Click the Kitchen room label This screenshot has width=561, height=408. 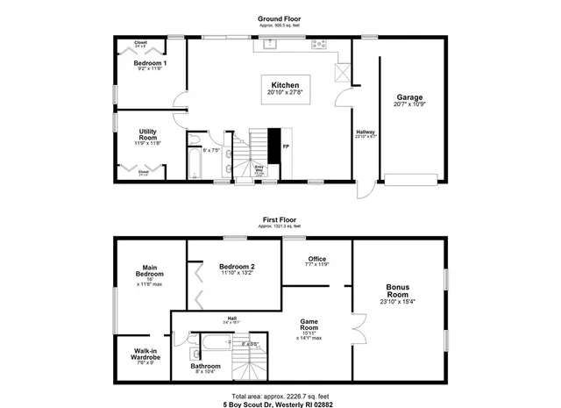click(x=285, y=85)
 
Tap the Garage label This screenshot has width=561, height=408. click(x=410, y=97)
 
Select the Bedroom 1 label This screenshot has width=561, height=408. click(x=151, y=64)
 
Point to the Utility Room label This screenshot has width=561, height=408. click(x=148, y=135)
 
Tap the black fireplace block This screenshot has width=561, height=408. click(x=273, y=144)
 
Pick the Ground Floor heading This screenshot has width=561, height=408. click(x=280, y=18)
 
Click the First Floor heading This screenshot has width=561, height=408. click(x=280, y=219)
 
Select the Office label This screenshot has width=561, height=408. click(x=316, y=259)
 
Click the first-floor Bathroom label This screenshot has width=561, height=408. click(x=207, y=366)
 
